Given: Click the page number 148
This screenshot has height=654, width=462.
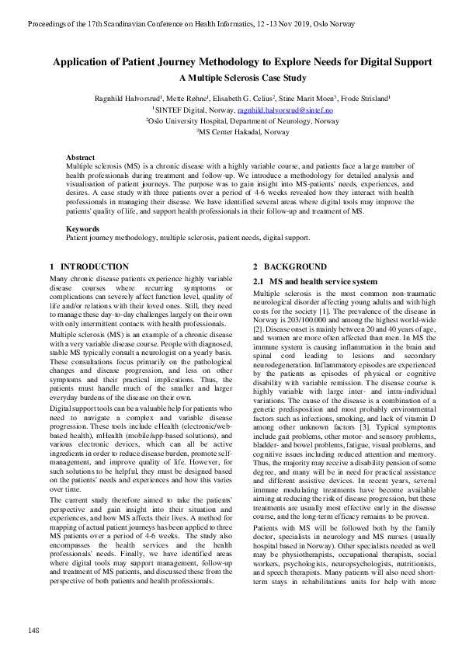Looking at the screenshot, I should (33, 629).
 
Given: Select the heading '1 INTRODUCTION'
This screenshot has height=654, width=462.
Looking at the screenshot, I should (79, 266).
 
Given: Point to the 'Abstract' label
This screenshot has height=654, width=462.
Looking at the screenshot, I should (81, 157).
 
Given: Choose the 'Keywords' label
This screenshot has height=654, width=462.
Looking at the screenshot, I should (82, 229).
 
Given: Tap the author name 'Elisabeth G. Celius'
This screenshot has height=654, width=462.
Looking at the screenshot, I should (243, 99).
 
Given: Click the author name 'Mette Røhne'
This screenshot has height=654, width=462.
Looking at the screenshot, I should (189, 99).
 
